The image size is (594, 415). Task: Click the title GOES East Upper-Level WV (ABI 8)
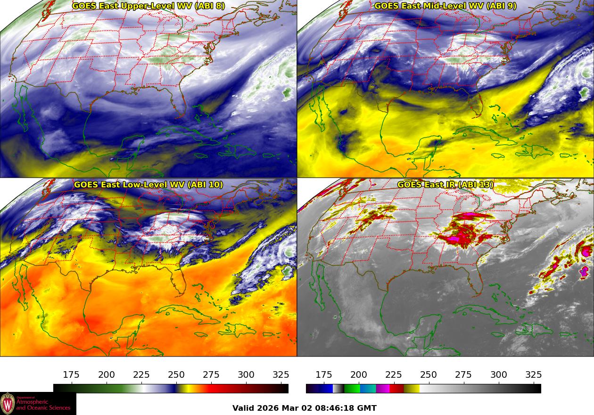(x=148, y=6)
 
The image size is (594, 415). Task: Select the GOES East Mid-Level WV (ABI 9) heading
(x=445, y=6)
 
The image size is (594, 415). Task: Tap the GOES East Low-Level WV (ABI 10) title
(x=148, y=185)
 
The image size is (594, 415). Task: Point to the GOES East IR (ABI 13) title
(x=445, y=185)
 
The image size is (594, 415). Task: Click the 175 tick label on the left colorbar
(x=71, y=375)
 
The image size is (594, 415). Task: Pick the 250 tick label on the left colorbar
(x=176, y=375)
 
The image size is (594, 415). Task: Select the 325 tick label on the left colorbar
(x=281, y=375)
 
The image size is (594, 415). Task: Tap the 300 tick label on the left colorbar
(x=246, y=375)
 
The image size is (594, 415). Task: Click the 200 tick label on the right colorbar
(x=359, y=375)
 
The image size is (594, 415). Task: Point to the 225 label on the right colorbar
(x=394, y=375)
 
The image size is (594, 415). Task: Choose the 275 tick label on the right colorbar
(x=463, y=375)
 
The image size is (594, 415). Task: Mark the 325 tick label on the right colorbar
(x=534, y=375)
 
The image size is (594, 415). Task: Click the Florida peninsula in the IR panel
(x=477, y=283)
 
